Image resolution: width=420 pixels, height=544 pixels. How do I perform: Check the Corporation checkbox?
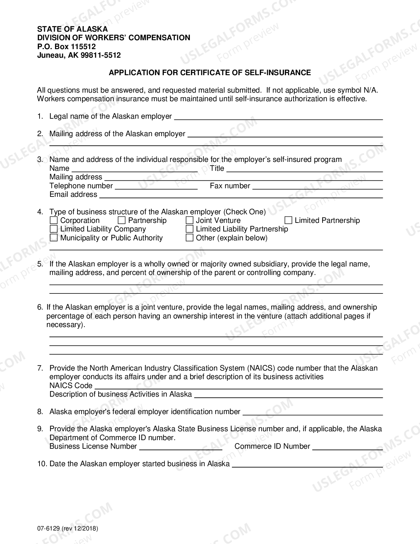point(54,220)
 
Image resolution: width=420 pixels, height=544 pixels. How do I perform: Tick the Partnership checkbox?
point(122,220)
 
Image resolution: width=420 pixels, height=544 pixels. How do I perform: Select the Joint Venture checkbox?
point(189,220)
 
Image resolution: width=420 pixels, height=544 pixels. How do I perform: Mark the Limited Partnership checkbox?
point(288,220)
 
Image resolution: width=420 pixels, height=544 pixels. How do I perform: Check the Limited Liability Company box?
point(54,229)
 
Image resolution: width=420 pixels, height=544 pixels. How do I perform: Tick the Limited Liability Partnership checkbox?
point(189,229)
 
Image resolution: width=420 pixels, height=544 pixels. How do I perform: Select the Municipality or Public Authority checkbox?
point(54,238)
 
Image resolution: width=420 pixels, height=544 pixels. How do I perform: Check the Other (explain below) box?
point(189,238)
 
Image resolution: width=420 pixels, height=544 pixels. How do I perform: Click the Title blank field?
point(304,169)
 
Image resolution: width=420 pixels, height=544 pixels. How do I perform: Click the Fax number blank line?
point(317,186)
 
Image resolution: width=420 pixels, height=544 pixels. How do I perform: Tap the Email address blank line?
point(241,195)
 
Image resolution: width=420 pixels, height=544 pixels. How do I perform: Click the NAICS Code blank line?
point(238,386)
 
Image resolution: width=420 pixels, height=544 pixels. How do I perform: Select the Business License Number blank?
point(181,447)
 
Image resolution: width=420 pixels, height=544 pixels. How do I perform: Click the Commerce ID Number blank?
point(347,447)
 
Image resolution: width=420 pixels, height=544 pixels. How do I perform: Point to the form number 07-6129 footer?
point(68,529)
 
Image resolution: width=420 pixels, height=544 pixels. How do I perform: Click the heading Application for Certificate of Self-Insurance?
point(210,73)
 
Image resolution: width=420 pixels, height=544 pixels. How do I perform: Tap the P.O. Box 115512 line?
point(66,46)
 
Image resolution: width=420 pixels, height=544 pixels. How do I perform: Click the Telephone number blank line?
point(156,186)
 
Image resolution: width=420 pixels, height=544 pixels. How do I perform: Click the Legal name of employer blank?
point(278,117)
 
